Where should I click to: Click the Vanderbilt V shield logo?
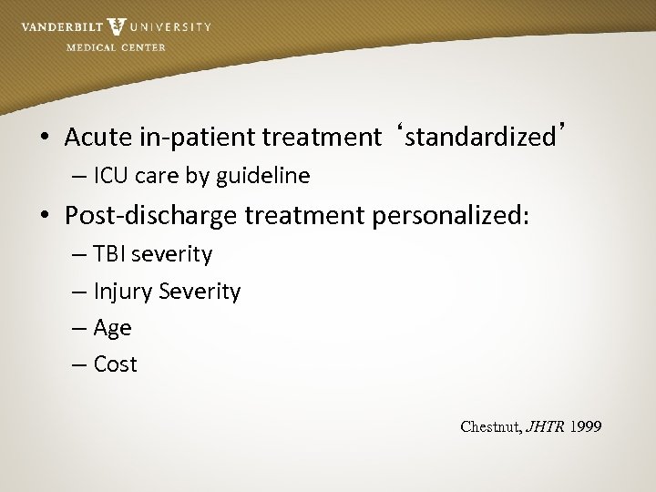coord(116,26)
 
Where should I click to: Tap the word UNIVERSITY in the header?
coord(170,27)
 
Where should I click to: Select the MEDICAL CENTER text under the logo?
coord(116,47)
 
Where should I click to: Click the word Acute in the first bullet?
coord(92,137)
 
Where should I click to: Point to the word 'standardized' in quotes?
coord(480,137)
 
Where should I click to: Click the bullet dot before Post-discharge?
coord(44,216)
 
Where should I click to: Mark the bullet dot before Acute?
coord(44,138)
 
